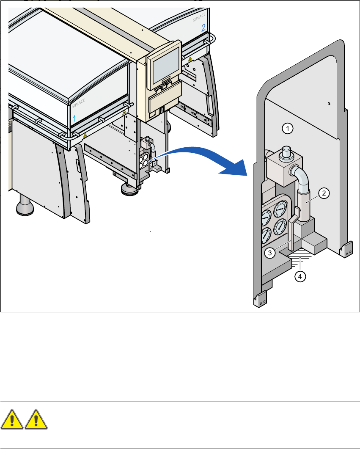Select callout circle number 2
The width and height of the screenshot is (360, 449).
[324, 193]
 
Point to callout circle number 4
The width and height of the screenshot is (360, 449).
[300, 277]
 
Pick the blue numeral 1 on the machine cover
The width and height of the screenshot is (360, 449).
[74, 118]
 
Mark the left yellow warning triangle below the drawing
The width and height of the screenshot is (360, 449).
[12, 421]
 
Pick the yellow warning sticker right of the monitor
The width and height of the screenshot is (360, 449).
[190, 60]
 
